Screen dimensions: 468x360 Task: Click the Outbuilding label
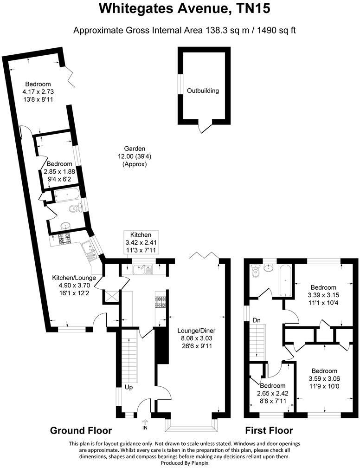coord(203,91)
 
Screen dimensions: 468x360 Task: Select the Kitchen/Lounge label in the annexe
coord(74,278)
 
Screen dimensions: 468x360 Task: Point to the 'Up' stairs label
coord(129,386)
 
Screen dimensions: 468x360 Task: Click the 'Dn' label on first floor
coord(257,320)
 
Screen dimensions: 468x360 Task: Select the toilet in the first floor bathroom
coord(254,273)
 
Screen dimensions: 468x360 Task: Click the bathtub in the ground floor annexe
coord(67,195)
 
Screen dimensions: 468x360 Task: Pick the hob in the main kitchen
coord(161,303)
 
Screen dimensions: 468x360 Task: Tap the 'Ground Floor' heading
coord(81,430)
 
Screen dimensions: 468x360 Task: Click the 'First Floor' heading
coord(269,430)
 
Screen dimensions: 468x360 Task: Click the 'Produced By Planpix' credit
coord(180,463)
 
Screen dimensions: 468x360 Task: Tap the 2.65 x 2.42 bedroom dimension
coord(272,393)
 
